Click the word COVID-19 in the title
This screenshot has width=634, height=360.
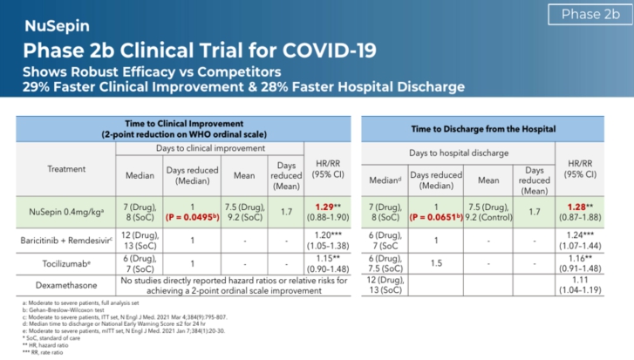click(322, 49)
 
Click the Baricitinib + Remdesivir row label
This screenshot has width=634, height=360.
click(61, 237)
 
